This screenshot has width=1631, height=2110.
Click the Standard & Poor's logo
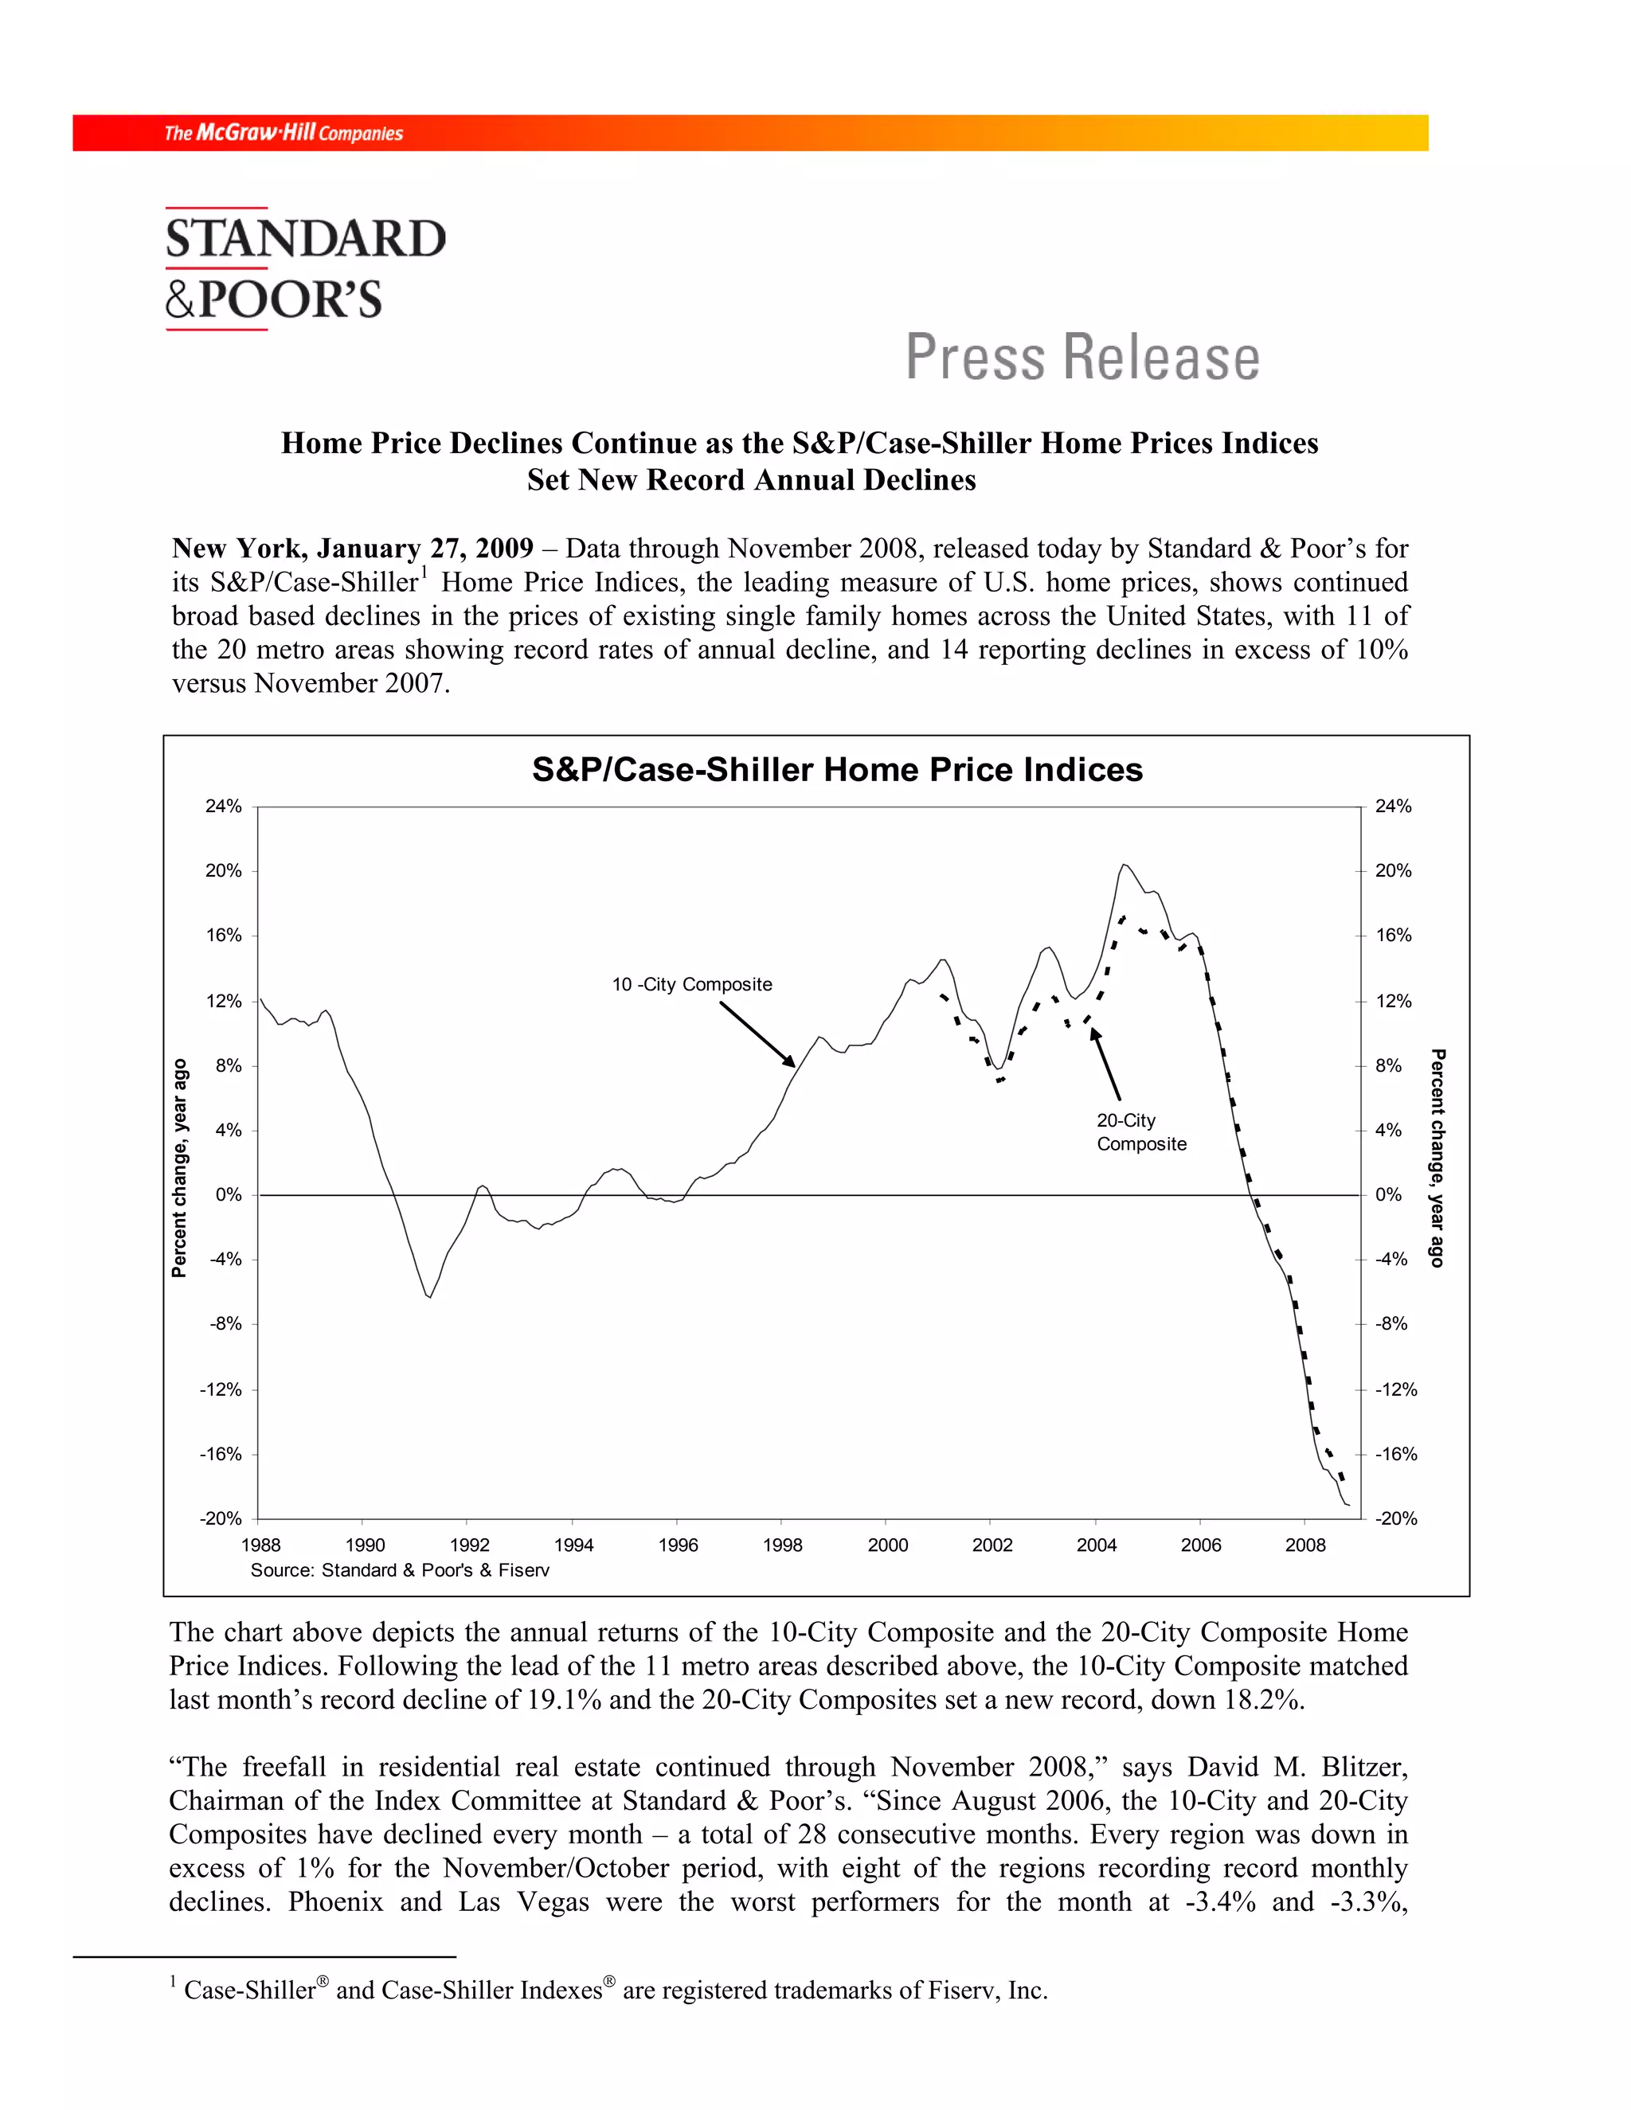[x=304, y=268]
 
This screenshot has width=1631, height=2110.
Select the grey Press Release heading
[x=1082, y=358]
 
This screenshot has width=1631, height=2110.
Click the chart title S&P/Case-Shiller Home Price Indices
[x=837, y=770]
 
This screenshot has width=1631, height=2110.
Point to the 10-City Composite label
[x=692, y=984]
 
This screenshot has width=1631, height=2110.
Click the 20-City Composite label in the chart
[x=1140, y=1132]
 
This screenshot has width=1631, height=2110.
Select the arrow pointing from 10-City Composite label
[x=757, y=1034]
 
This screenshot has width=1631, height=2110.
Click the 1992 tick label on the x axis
[x=470, y=1545]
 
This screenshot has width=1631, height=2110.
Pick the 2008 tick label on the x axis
[x=1304, y=1545]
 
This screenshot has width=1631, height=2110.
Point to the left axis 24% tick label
[x=223, y=806]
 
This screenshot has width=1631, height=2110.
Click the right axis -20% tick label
[x=1396, y=1518]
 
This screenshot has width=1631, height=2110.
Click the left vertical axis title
[x=180, y=1168]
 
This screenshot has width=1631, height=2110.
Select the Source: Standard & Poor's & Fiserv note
[x=400, y=1571]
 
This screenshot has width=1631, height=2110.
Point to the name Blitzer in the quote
[x=1364, y=1767]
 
